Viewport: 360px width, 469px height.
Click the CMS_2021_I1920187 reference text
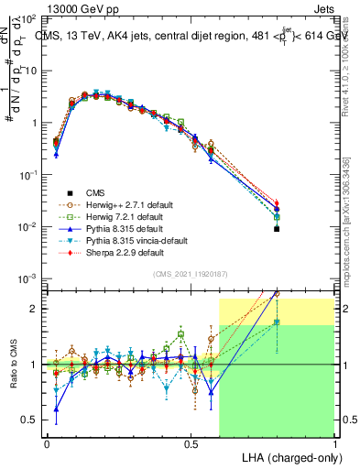click(190, 274)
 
